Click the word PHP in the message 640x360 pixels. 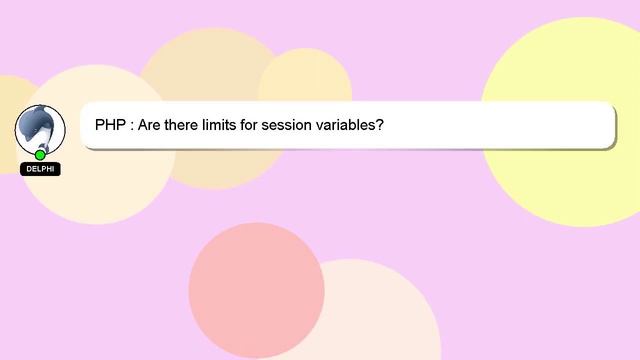point(112,127)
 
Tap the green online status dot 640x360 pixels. point(40,154)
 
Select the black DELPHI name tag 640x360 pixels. point(40,170)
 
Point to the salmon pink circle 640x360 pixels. point(256,290)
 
